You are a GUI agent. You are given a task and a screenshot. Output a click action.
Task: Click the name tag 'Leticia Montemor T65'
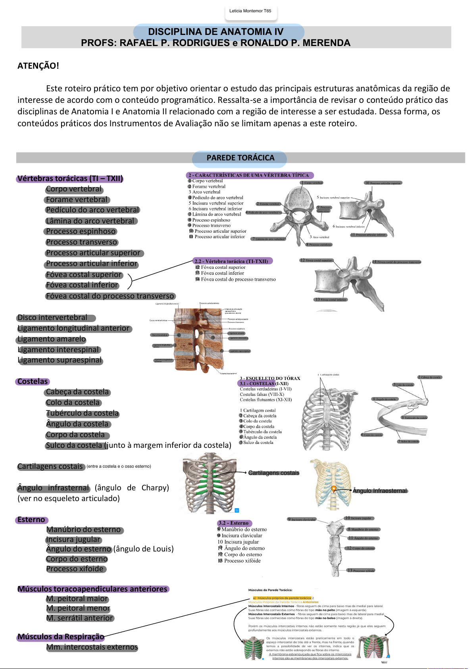click(x=250, y=11)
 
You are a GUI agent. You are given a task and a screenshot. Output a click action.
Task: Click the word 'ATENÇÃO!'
click(x=38, y=66)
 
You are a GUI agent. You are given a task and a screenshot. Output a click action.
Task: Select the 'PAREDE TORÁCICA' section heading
click(x=240, y=158)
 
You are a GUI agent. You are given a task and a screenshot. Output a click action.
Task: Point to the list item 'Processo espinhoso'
click(x=81, y=231)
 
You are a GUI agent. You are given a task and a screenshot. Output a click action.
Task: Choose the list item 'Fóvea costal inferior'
click(x=82, y=285)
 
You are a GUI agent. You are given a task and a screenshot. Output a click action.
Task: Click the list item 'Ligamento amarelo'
click(x=52, y=339)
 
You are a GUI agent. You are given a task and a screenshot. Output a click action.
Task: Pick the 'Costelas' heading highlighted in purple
click(x=33, y=382)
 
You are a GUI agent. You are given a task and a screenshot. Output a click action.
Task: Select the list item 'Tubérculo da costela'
click(x=82, y=413)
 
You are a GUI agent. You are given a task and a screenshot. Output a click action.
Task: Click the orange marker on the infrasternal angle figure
click(x=334, y=489)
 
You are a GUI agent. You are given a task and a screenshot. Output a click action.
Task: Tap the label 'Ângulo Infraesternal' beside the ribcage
click(x=380, y=491)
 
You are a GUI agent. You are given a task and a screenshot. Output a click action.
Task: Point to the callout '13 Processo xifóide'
click(x=361, y=571)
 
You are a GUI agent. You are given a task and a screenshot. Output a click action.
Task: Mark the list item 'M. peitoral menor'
click(x=78, y=608)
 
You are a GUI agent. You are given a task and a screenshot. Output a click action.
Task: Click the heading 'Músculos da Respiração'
click(x=61, y=637)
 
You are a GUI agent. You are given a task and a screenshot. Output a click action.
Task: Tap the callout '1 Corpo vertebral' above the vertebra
click(x=312, y=183)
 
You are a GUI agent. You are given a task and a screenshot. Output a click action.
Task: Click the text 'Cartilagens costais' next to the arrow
click(x=273, y=473)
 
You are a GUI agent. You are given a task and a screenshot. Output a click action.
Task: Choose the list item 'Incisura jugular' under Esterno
click(x=73, y=540)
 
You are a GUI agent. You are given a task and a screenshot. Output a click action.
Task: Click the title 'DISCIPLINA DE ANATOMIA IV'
click(x=215, y=32)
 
